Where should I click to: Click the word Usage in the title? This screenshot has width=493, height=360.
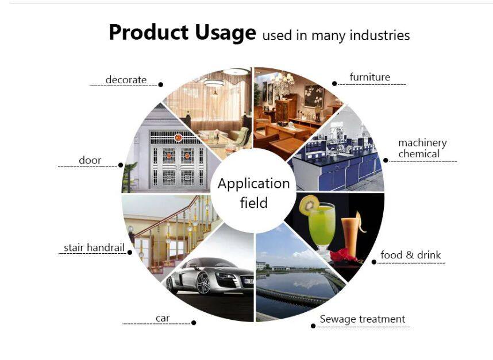225,33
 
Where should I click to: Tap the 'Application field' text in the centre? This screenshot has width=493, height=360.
254,193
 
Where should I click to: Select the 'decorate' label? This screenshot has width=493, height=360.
126,80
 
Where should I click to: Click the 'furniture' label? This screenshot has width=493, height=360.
370,77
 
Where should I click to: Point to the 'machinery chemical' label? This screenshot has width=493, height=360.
422,148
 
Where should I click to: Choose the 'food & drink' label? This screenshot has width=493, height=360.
411,255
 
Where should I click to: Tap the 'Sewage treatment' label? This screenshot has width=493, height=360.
362,319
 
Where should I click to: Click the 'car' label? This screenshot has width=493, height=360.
163,318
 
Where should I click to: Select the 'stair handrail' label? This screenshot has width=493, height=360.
94,247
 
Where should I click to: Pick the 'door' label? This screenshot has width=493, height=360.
90,160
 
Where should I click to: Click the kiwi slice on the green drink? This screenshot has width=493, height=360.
309,204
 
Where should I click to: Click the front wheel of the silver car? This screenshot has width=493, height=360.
203,283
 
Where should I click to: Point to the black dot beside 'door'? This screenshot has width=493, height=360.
121,165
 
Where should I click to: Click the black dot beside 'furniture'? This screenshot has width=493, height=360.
334,84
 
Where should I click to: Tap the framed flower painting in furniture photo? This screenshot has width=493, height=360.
314,96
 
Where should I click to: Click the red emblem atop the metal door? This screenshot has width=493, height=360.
178,137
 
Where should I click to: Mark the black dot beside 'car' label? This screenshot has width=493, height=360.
194,323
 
